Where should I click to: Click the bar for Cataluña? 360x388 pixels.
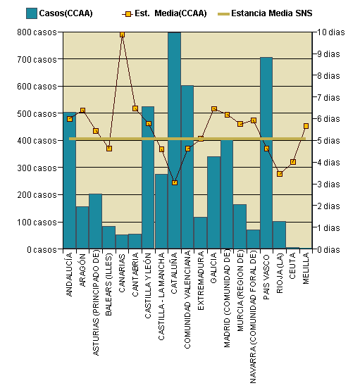tap(174, 141)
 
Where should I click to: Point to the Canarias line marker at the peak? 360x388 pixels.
tap(122, 34)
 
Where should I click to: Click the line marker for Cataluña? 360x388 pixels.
tap(174, 182)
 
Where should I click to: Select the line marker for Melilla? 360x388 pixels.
tap(306, 126)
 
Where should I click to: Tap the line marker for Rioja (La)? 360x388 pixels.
tap(280, 174)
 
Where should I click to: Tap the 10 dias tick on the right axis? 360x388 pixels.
tap(332, 32)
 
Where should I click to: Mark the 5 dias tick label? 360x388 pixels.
tap(330, 141)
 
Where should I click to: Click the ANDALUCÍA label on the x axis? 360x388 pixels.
tap(69, 279)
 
